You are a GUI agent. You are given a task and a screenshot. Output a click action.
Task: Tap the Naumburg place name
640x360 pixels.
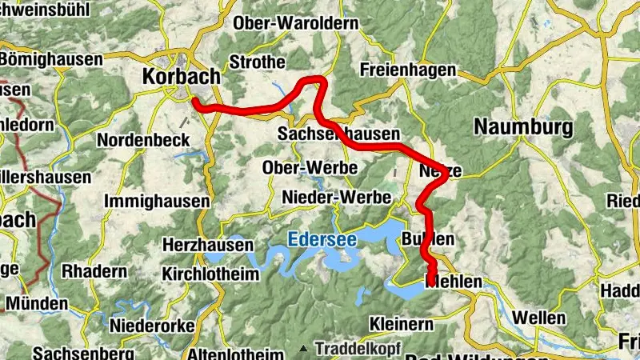524,126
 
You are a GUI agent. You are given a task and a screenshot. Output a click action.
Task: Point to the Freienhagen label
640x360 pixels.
407,70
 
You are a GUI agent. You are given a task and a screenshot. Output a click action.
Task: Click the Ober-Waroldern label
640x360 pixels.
296,23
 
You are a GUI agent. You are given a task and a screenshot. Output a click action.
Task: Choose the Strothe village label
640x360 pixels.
257,62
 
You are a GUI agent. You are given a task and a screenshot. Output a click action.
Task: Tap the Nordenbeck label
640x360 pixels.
143,140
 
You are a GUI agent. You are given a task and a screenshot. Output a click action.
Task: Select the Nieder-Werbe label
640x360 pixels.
337,197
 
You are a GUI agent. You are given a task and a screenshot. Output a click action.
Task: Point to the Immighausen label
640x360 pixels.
157,200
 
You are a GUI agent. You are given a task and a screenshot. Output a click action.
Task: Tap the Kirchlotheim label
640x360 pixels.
210,274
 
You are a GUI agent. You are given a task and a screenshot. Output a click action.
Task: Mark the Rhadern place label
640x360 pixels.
94,271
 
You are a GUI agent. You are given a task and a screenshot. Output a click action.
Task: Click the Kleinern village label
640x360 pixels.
402,324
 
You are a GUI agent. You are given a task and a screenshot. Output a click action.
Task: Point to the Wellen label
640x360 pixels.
538,318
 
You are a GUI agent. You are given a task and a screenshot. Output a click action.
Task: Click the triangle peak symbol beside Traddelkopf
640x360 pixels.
304,350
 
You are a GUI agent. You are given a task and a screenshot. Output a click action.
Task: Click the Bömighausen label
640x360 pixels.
51,59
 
